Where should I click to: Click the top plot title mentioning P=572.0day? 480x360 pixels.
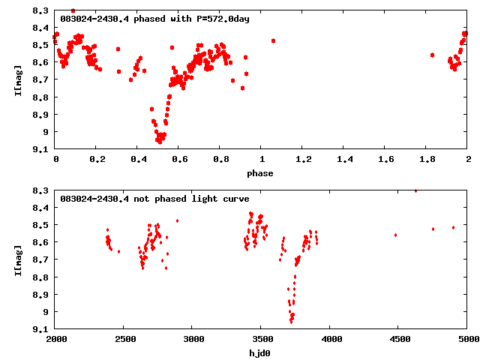(x=154, y=18)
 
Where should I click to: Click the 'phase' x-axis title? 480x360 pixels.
(x=261, y=173)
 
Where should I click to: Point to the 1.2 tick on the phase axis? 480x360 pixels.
(x=303, y=160)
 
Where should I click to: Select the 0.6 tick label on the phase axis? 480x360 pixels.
(x=179, y=160)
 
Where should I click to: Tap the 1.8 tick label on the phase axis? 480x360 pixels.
(x=427, y=160)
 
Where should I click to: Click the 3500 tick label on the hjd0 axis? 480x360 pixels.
(x=262, y=339)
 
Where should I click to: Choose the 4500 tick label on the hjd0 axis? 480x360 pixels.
(x=399, y=339)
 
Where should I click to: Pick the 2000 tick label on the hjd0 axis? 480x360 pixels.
(x=56, y=339)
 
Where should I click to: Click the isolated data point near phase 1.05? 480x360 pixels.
(x=273, y=40)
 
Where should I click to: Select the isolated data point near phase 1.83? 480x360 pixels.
(x=433, y=55)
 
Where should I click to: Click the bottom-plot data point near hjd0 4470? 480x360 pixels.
(x=395, y=235)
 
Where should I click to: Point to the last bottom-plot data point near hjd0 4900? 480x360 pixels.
(x=453, y=227)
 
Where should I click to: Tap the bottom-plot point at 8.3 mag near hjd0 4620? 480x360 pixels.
(x=415, y=190)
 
